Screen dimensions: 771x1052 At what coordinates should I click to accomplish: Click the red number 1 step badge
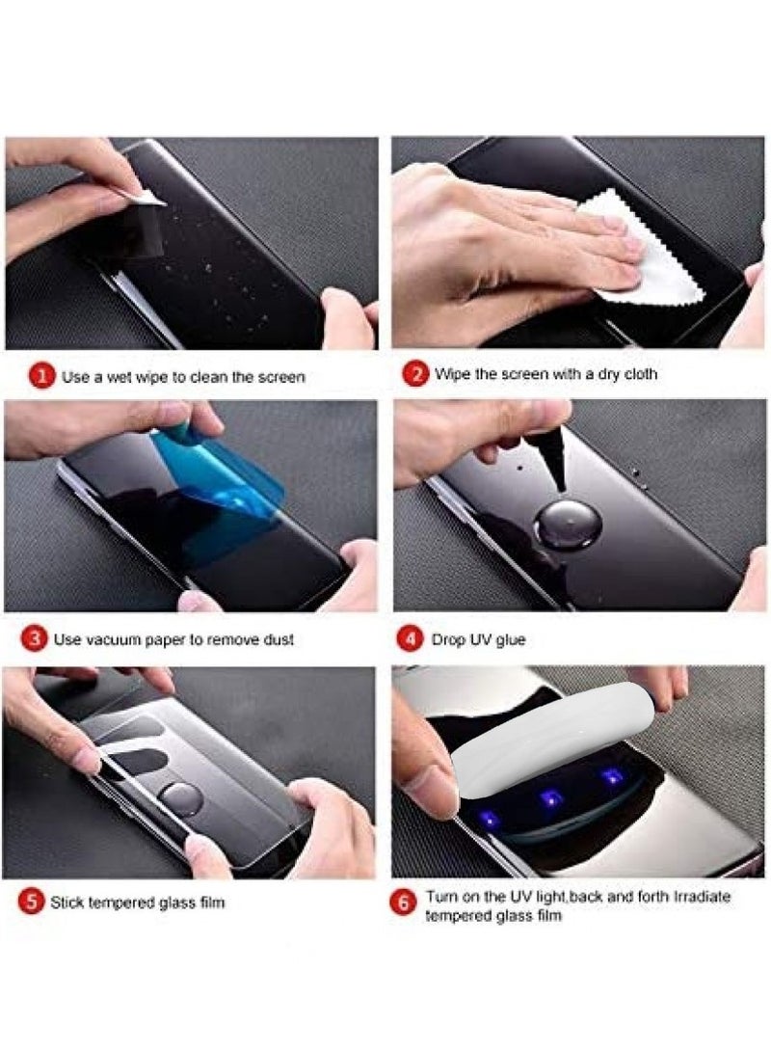tap(41, 376)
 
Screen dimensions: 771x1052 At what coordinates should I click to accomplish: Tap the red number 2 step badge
tap(415, 374)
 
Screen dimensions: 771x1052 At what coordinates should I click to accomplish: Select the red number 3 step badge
tap(34, 638)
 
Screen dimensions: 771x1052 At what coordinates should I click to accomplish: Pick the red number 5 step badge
tap(31, 901)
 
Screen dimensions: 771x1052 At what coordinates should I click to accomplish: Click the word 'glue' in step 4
tap(510, 640)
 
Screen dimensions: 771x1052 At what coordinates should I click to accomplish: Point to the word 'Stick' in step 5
tap(66, 903)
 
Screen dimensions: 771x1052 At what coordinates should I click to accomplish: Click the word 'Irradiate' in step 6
tap(702, 897)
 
